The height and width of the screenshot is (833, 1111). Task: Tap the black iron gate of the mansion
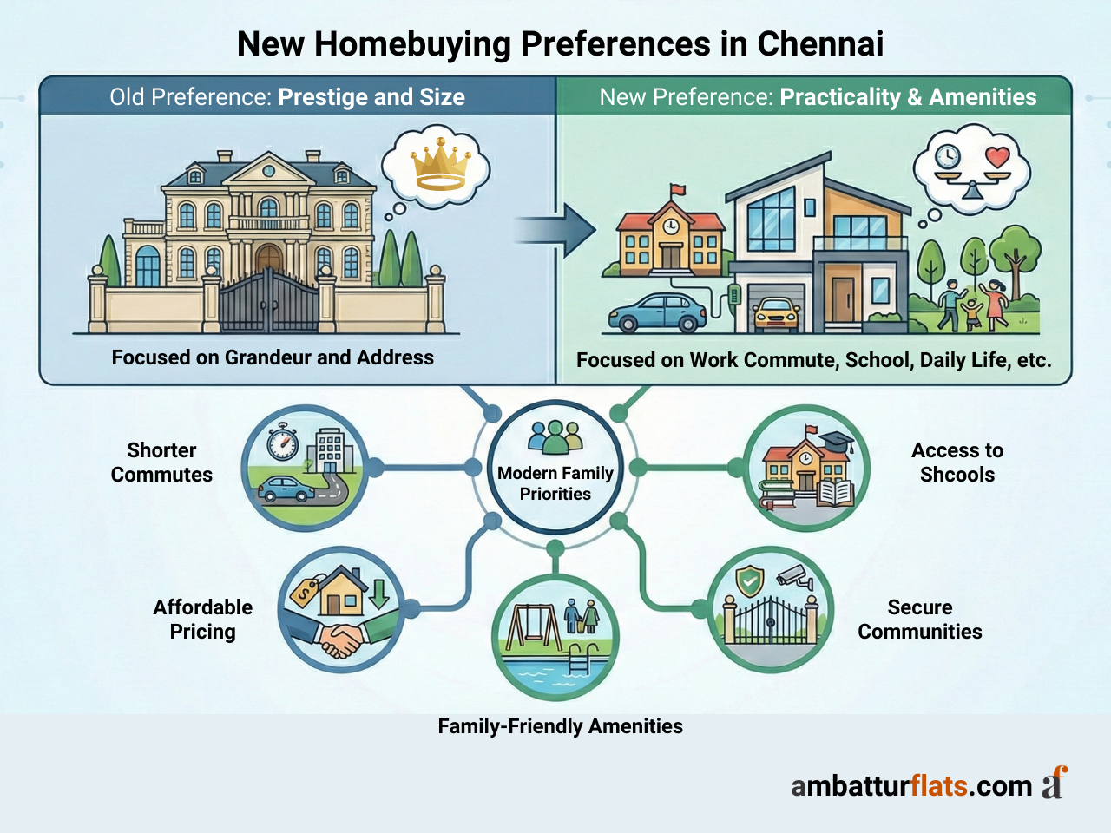click(x=269, y=302)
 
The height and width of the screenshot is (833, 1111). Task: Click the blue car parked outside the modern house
click(x=657, y=313)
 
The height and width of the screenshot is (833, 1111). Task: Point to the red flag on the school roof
click(x=677, y=189)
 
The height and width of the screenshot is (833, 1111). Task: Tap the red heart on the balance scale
click(x=998, y=158)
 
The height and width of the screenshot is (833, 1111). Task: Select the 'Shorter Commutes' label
click(x=161, y=462)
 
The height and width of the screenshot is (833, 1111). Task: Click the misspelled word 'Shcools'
click(x=957, y=475)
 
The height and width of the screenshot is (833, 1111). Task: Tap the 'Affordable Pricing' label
click(x=202, y=620)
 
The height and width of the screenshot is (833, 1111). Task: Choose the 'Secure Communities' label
click(x=920, y=620)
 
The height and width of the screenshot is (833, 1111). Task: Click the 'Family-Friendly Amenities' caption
click(x=560, y=726)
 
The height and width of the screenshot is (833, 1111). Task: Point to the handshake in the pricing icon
click(x=341, y=640)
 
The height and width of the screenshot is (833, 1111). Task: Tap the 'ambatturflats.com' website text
click(x=911, y=785)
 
